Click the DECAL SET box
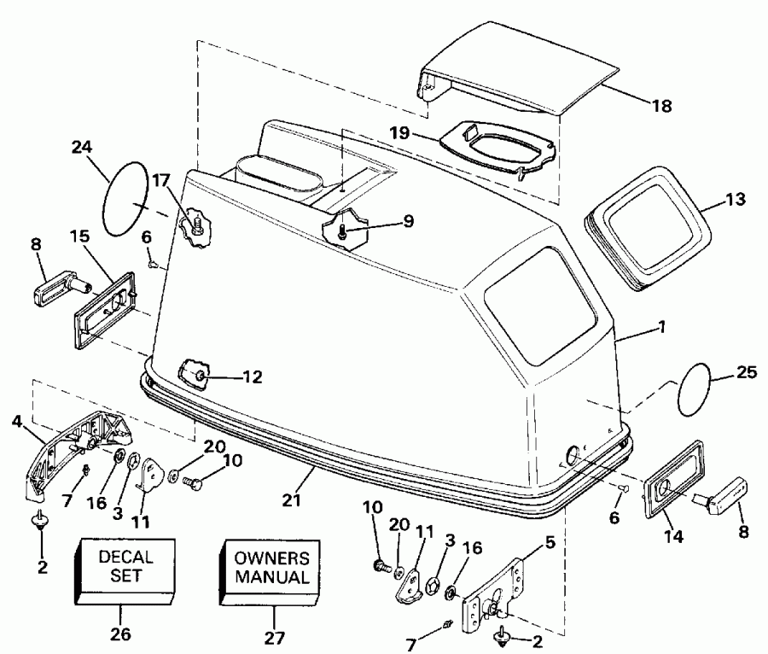(x=127, y=567)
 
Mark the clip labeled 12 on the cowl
(x=195, y=375)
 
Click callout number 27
(x=275, y=636)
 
